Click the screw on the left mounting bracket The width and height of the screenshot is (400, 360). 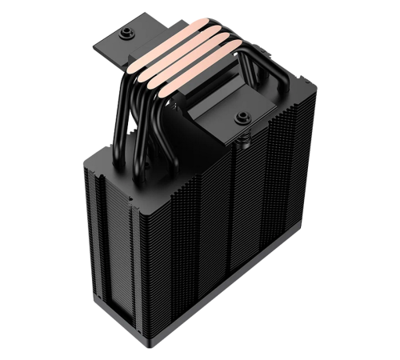126,34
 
